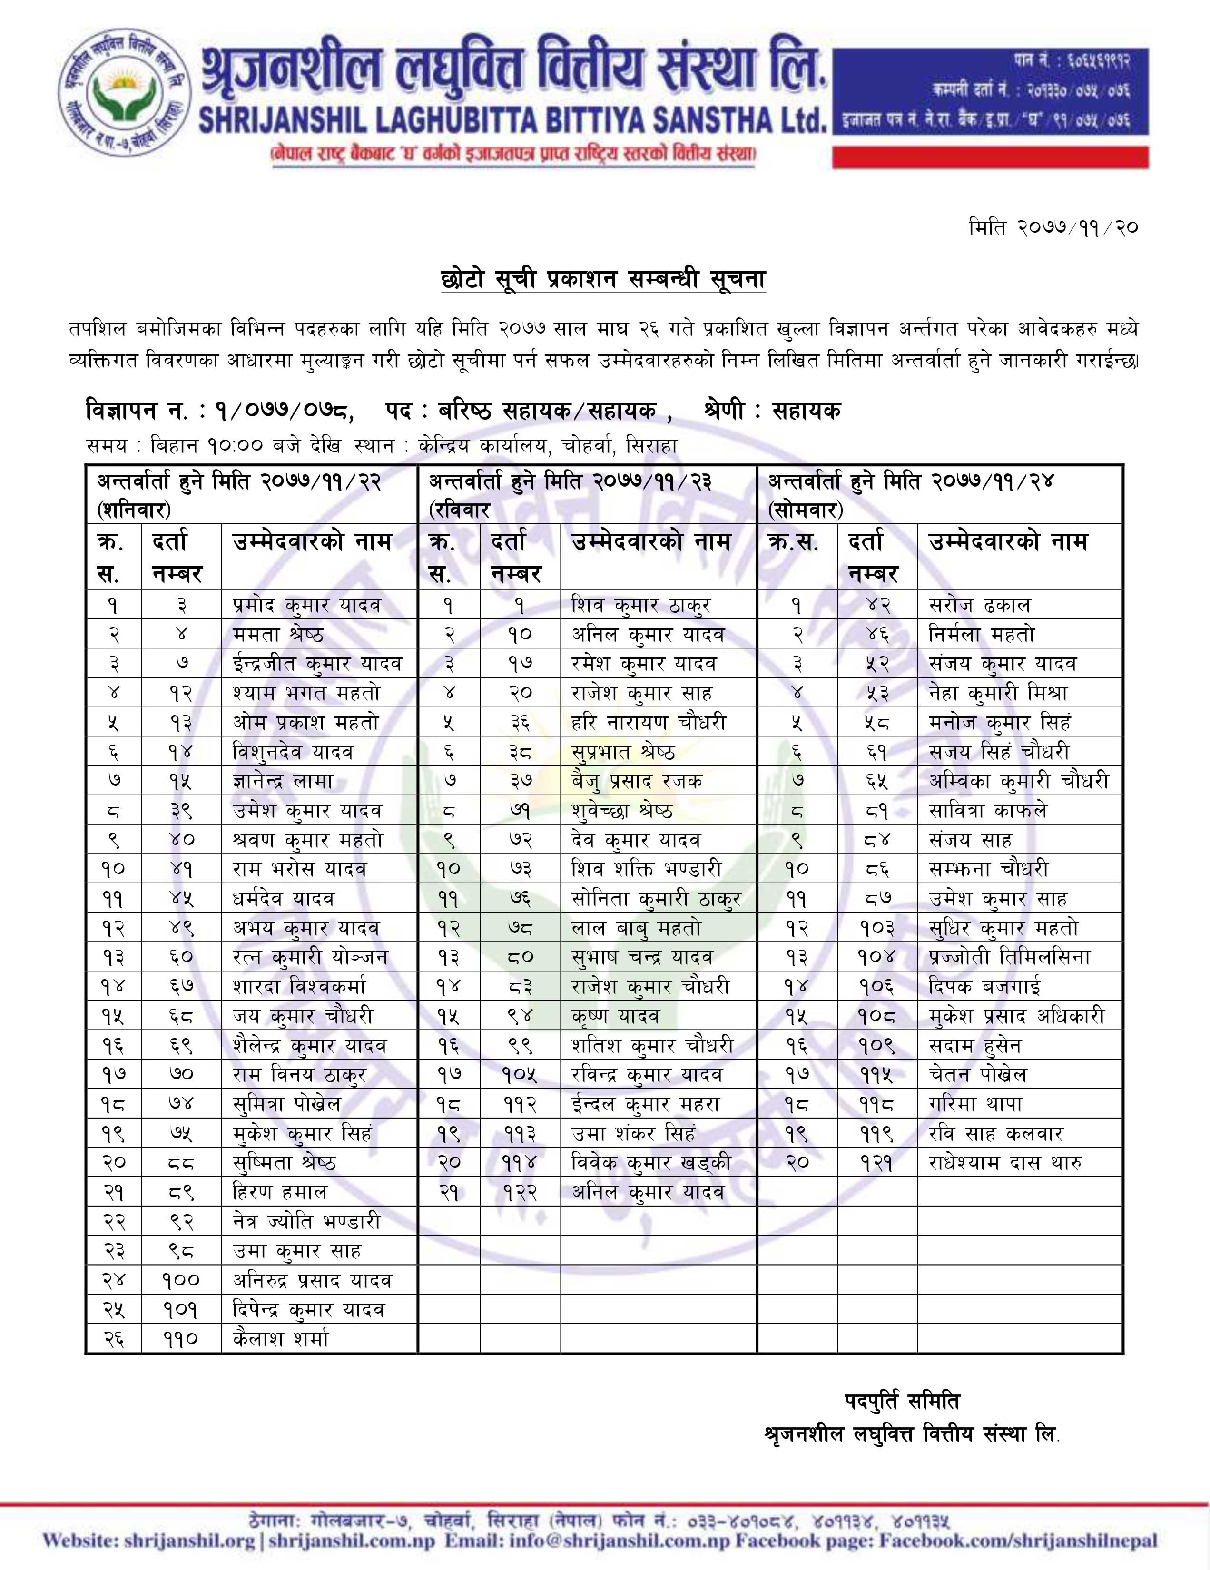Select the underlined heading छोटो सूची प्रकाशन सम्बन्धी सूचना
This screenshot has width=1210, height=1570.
point(603,279)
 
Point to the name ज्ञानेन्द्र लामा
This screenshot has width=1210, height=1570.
point(283,781)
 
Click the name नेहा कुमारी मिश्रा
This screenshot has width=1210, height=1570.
point(998,694)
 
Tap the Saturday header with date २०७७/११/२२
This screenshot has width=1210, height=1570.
point(239,495)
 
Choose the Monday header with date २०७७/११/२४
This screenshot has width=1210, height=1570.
point(912,495)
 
